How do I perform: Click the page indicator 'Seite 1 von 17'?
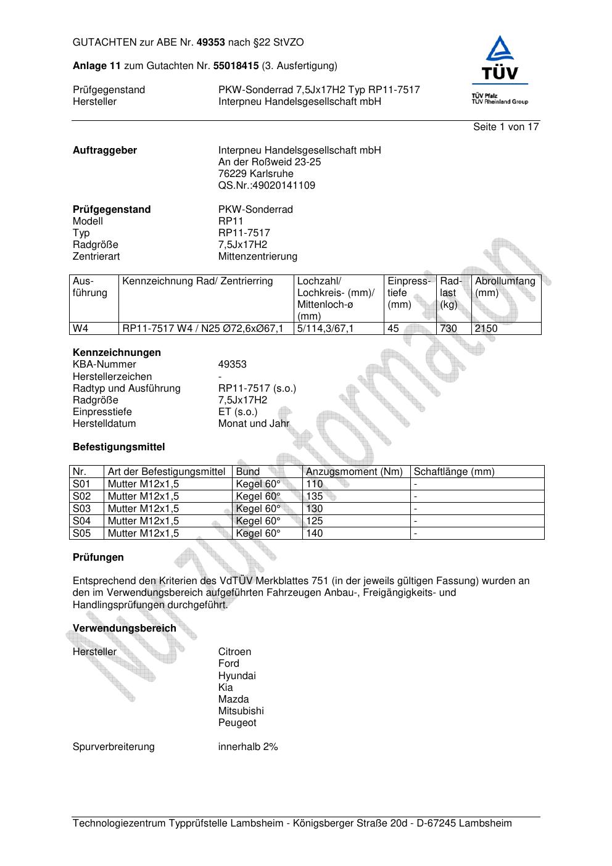pyautogui.click(x=506, y=127)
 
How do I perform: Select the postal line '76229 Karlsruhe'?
pyautogui.click(x=255, y=174)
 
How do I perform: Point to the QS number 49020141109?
pyautogui.click(x=267, y=186)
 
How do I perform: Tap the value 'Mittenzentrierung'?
pyautogui.click(x=257, y=257)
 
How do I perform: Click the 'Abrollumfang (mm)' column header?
pyautogui.click(x=505, y=287)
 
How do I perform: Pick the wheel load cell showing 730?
pyautogui.click(x=449, y=329)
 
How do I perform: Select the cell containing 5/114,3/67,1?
pyautogui.click(x=325, y=329)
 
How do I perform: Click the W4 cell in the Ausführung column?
pyautogui.click(x=81, y=329)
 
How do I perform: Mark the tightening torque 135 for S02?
pyautogui.click(x=315, y=497)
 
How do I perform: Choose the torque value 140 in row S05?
pyautogui.click(x=315, y=534)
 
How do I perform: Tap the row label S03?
pyautogui.click(x=81, y=509)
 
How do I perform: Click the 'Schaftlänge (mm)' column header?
pyautogui.click(x=454, y=472)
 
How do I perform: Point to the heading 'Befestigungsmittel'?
pyautogui.click(x=118, y=447)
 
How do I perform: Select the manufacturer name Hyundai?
pyautogui.click(x=236, y=676)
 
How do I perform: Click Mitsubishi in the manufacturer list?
pyautogui.click(x=241, y=711)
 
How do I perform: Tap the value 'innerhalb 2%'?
pyautogui.click(x=248, y=747)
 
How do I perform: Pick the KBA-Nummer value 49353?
pyautogui.click(x=232, y=365)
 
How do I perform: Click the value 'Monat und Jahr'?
pyautogui.click(x=254, y=424)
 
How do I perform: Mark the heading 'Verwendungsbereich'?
pyautogui.click(x=124, y=629)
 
